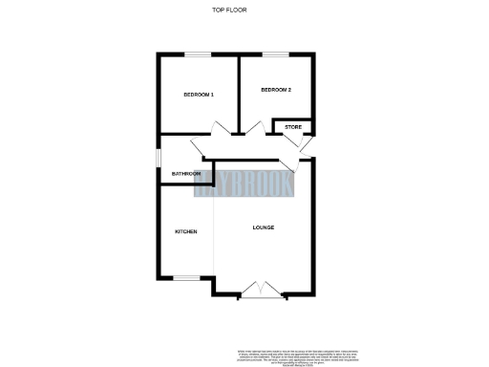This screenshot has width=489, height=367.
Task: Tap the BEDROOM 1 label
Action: point(199,95)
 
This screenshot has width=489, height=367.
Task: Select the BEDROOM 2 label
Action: point(275,90)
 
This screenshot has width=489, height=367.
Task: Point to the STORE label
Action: point(292,126)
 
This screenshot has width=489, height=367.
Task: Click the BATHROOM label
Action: point(186,174)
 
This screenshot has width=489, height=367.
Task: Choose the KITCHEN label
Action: point(185,232)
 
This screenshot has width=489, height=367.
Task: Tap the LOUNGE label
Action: point(264,227)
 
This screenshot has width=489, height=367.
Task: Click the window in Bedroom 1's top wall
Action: point(198,54)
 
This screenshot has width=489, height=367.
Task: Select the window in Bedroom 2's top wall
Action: point(276,54)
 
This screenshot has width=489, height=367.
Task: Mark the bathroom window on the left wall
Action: point(159,160)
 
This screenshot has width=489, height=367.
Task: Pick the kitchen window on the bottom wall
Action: point(186,278)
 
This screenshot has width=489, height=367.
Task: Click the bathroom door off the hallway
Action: point(200,148)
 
